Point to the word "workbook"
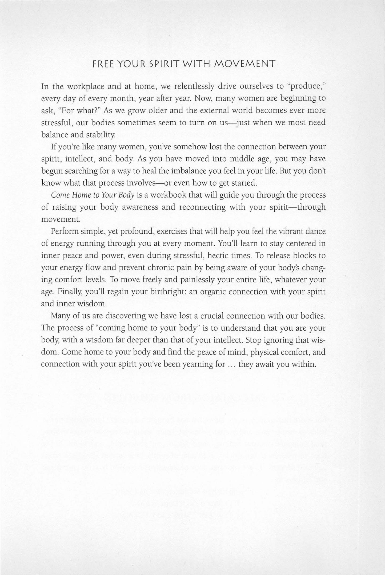pyautogui.click(x=168, y=195)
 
